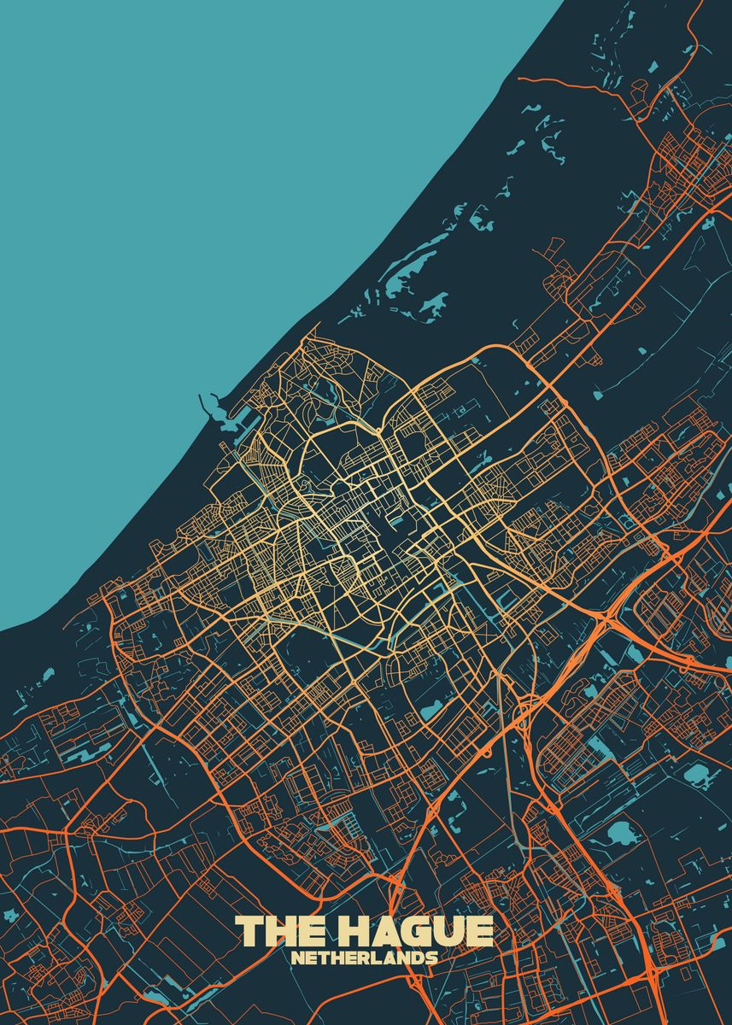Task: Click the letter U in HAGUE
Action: tap(450, 932)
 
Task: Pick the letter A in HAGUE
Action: tap(384, 932)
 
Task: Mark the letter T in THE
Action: tap(249, 932)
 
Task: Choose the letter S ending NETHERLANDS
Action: tap(431, 958)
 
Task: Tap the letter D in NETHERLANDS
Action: tap(418, 958)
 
